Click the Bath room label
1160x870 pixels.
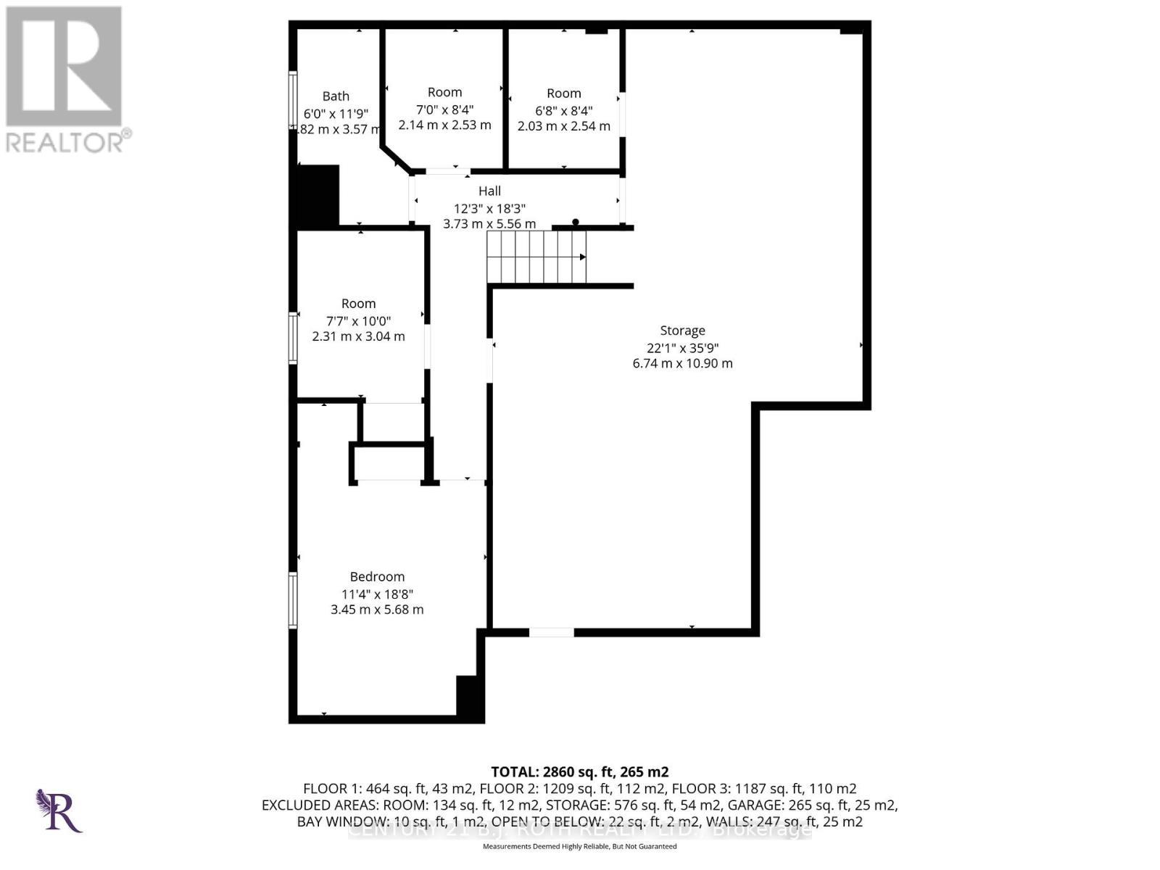[336, 96]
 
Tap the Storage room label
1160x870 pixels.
[682, 331]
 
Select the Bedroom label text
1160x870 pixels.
[377, 576]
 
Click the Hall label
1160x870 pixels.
[489, 191]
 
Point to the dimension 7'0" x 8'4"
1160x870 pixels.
[444, 109]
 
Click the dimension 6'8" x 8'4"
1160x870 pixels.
[563, 110]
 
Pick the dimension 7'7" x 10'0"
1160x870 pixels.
[358, 320]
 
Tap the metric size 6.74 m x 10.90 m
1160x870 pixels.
[682, 363]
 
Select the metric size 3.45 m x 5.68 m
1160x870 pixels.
[377, 610]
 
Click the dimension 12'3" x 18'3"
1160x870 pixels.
[489, 208]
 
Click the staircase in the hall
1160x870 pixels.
[536, 257]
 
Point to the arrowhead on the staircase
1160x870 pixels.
[582, 257]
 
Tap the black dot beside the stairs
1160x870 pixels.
[576, 222]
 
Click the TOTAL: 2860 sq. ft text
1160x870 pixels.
[579, 771]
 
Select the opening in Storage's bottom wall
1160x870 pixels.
[551, 633]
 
